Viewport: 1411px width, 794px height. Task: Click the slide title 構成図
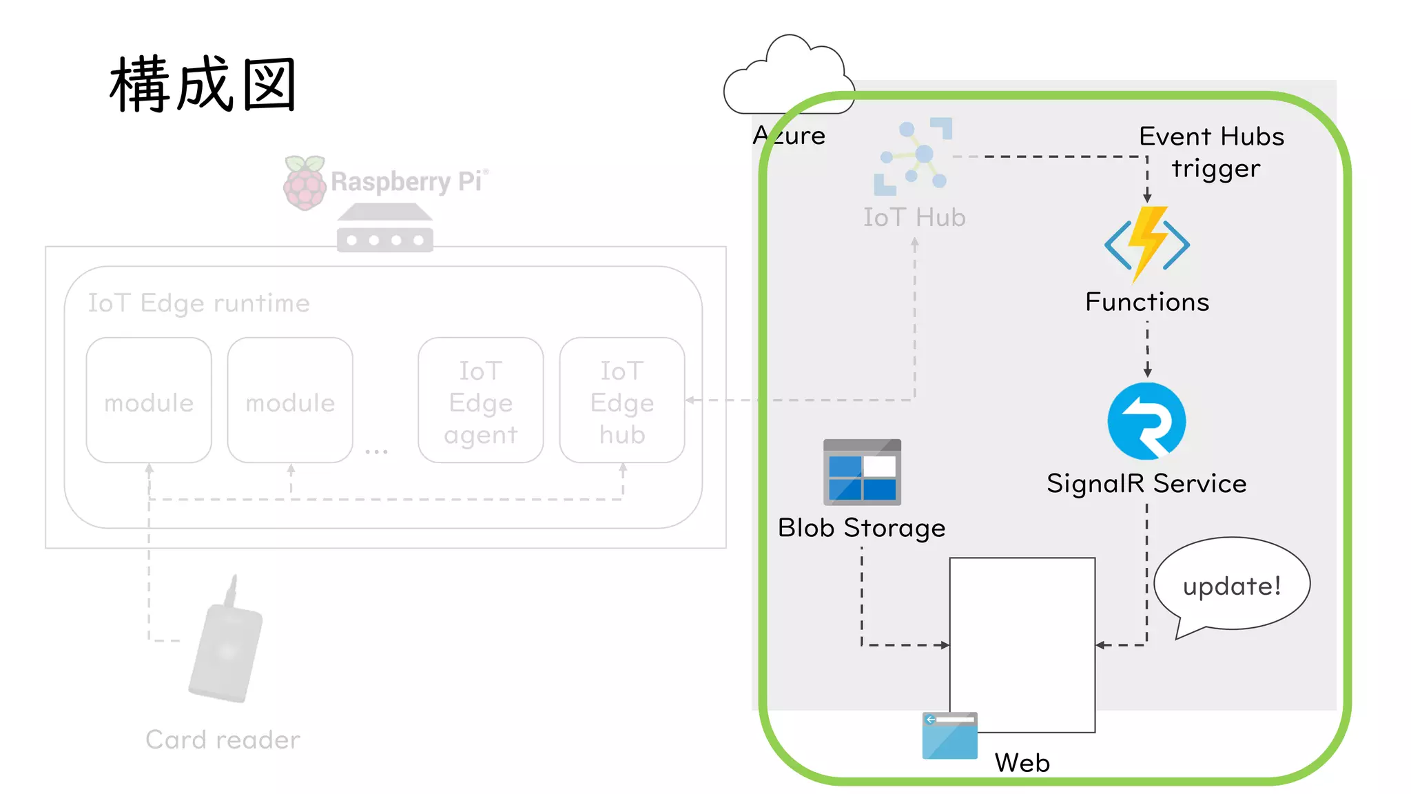(203, 85)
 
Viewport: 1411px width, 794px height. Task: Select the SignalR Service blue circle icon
(1146, 421)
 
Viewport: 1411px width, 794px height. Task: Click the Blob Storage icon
(862, 473)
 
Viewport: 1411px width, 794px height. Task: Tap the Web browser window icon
(949, 735)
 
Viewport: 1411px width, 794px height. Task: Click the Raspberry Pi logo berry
(304, 183)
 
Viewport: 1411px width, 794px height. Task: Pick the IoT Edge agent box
(480, 400)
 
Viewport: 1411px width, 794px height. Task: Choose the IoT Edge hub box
(622, 400)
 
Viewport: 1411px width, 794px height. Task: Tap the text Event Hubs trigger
(1213, 152)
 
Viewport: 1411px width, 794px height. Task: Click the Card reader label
(223, 740)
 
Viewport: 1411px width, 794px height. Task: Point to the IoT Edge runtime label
(198, 303)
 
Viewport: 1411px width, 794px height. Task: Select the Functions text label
(1147, 302)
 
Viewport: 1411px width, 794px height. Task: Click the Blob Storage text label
(861, 528)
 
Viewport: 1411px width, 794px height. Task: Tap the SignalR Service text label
(1146, 483)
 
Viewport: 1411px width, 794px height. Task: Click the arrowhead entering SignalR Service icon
(1147, 373)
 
